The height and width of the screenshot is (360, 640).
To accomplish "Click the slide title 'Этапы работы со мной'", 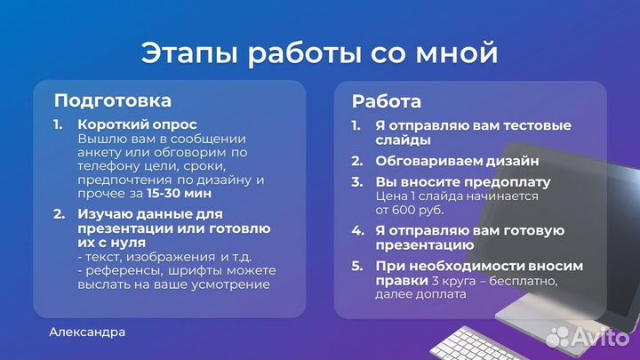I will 319,53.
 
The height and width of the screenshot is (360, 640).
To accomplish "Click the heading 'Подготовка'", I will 113,100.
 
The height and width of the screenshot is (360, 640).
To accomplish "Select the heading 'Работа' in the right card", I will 387,101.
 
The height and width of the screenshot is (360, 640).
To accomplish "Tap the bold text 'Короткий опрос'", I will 137,124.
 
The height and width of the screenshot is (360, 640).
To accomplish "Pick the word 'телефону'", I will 107,166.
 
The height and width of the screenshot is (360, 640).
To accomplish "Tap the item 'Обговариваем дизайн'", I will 457,161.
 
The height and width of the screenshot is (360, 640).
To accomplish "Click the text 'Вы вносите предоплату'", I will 462,182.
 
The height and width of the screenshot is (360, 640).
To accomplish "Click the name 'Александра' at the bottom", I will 87,332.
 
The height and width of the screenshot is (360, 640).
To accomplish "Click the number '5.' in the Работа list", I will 356,266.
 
